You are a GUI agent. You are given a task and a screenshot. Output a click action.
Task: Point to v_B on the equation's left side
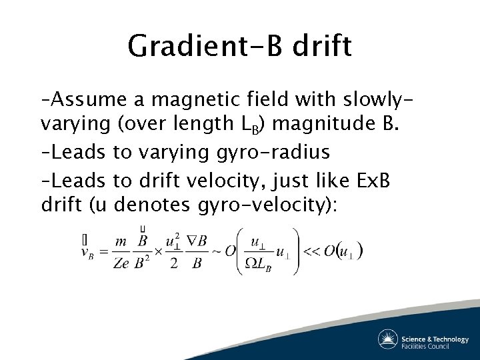[87, 252]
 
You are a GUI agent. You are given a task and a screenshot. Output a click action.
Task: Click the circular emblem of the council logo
[388, 339]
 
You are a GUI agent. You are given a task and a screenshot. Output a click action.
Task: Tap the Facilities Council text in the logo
[435, 345]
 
